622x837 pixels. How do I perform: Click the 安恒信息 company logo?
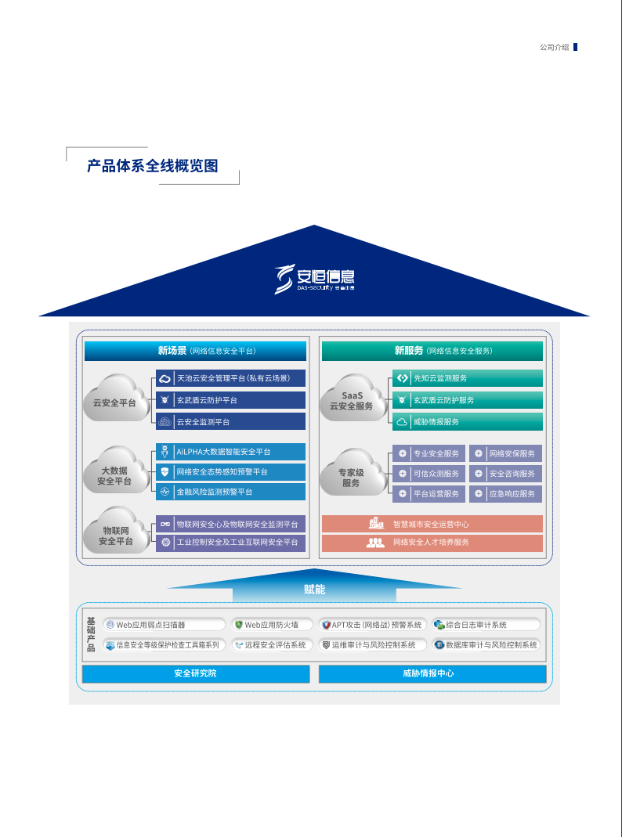[x=314, y=278]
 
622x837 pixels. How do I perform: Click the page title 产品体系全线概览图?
[x=152, y=166]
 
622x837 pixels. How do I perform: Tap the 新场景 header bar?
[x=195, y=351]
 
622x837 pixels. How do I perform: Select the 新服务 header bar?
[x=432, y=351]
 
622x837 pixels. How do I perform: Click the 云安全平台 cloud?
[x=115, y=402]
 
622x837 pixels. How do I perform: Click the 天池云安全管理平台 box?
[x=230, y=378]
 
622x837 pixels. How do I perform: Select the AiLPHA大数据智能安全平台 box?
[x=230, y=452]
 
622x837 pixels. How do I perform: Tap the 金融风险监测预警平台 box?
[x=230, y=492]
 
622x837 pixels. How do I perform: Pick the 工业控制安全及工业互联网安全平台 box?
[x=230, y=542]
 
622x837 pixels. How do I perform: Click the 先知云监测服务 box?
[x=467, y=378]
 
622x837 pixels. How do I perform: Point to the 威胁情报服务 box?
[x=467, y=421]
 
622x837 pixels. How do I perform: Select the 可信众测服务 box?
[x=429, y=474]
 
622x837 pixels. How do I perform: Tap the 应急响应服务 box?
[x=505, y=494]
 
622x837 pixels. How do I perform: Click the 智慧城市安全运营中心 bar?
[x=432, y=524]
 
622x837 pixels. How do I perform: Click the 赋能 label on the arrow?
[x=314, y=589]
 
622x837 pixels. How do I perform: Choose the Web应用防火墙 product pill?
[x=272, y=625]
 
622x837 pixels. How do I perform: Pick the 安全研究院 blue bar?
[x=195, y=673]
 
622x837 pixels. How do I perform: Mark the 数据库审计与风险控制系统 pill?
[x=486, y=645]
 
